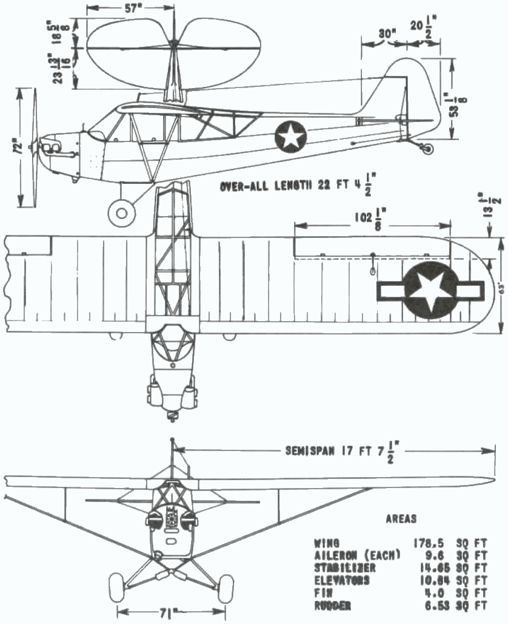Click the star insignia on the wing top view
[x=429, y=291]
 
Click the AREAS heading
[x=401, y=519]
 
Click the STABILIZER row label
[x=346, y=568]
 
